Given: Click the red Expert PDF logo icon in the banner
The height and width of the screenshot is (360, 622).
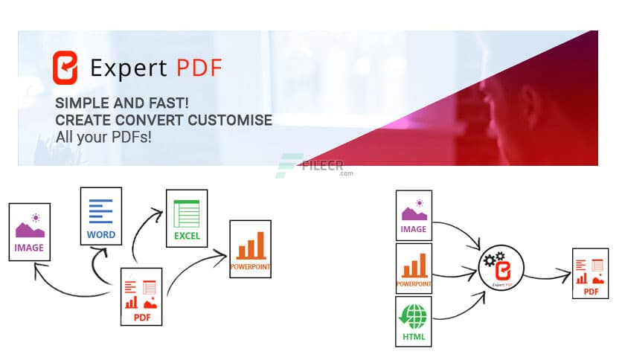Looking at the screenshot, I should pos(65,68).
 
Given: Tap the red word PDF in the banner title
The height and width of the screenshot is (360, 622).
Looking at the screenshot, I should pos(199,68).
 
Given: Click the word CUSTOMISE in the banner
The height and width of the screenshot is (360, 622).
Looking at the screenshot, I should pos(232,120).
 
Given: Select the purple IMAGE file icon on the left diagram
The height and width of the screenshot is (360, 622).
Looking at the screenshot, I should pos(30,231).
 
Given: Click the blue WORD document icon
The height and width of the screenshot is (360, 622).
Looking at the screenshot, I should pos(100,216).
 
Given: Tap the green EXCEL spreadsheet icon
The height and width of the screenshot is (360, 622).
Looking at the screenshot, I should pos(187,218).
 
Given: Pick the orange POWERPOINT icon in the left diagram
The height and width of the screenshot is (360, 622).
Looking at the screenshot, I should pos(251,248).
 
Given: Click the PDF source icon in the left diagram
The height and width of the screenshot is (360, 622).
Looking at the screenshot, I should pos(141,297).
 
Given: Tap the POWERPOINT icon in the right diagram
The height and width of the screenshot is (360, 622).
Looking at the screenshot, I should pos(414,268).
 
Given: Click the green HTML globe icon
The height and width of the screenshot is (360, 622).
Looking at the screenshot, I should pos(414,321).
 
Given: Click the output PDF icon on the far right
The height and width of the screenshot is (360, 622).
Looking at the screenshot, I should pos(590,274).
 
